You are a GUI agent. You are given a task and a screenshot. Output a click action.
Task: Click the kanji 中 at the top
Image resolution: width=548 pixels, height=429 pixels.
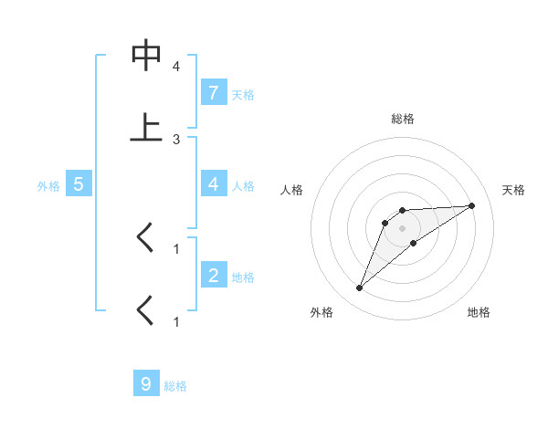click(146, 57)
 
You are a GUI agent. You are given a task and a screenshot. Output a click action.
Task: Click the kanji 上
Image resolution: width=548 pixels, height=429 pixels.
click(146, 127)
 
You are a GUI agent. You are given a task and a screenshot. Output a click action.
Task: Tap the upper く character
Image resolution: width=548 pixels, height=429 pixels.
click(145, 238)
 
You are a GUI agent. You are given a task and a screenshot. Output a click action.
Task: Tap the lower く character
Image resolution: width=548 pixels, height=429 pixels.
click(145, 310)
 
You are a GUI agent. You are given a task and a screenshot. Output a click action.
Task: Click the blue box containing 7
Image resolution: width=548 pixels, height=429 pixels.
click(213, 93)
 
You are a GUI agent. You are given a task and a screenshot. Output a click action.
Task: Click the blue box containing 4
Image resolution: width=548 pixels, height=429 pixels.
click(213, 184)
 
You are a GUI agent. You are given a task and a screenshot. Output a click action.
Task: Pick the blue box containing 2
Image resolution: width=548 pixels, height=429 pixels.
click(213, 276)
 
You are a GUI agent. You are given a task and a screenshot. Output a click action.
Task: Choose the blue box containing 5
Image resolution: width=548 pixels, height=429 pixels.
click(79, 184)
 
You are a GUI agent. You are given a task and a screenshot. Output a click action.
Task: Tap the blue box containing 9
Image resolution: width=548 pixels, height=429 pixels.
click(146, 384)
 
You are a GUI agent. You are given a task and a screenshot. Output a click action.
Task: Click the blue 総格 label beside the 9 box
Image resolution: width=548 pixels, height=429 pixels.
click(175, 386)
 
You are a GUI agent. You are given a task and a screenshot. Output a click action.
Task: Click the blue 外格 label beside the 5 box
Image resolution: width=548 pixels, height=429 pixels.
click(48, 186)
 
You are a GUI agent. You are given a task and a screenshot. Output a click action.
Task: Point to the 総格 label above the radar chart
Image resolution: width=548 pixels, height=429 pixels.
click(403, 119)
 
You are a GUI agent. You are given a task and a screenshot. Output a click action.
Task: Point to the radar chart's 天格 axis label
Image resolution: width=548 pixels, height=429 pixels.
click(514, 190)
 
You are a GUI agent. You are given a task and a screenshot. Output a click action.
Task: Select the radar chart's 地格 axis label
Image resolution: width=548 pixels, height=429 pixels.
click(479, 312)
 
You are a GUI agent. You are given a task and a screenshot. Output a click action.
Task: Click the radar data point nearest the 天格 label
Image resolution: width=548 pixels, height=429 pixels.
click(472, 205)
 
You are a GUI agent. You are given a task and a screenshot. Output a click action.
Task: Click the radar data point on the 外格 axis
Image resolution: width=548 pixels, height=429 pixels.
click(360, 288)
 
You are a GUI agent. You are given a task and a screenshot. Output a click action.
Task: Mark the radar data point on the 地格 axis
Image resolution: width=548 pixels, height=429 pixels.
click(414, 243)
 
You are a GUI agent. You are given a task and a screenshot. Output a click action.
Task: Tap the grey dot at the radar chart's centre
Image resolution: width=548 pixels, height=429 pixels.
click(403, 228)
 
